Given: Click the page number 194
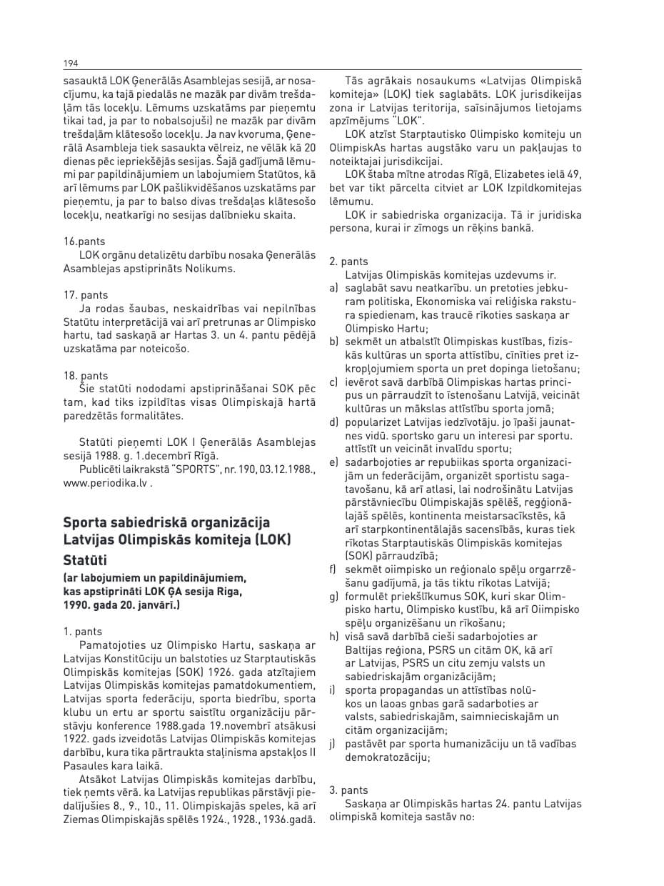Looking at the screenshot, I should coord(71,64).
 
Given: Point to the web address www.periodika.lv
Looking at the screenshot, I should coord(105,482).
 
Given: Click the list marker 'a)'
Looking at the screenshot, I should coord(333,289).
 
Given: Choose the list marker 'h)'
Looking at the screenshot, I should coord(333,637).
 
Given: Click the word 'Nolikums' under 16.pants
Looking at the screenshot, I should coord(213,269).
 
